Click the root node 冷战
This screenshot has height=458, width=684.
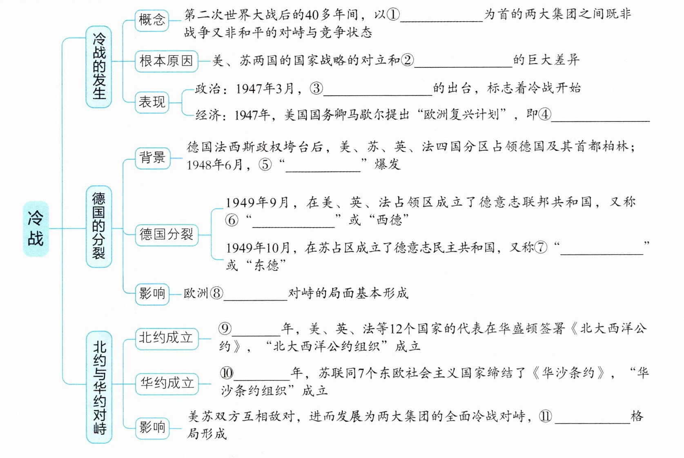[36, 228]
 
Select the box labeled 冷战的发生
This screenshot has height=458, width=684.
[99, 67]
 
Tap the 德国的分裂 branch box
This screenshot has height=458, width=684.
[99, 226]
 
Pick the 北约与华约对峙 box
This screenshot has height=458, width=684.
[99, 387]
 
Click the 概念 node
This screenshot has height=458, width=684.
[152, 20]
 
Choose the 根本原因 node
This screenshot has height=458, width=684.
[166, 61]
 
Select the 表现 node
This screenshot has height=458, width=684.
[152, 102]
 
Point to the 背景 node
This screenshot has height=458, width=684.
[152, 157]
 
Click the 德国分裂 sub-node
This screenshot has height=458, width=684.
[166, 235]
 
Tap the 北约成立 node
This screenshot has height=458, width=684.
[166, 338]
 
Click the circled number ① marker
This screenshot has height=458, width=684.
[393, 15]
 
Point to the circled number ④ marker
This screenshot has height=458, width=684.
[544, 114]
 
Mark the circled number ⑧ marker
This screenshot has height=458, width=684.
[216, 293]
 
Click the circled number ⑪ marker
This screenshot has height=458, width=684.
[545, 416]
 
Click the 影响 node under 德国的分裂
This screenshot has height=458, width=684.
[152, 293]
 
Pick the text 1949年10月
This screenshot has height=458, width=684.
[258, 248]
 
